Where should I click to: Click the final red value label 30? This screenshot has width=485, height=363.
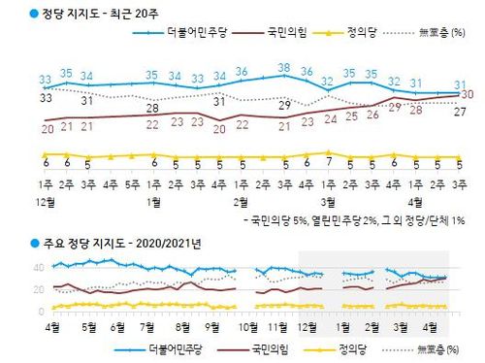pos(467,94)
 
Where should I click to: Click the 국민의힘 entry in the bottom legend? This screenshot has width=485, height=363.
pos(263,347)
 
